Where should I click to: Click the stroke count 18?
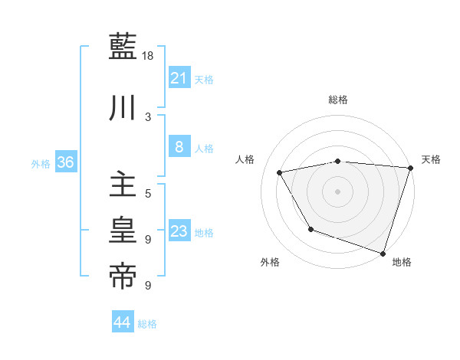point(149,56)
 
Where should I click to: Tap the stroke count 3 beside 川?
point(148,116)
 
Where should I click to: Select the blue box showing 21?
point(179,77)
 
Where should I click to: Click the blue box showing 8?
point(179,147)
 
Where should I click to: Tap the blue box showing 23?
point(179,231)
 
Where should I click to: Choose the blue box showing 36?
point(65,162)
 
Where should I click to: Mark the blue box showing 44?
point(122,322)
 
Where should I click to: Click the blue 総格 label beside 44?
point(147,324)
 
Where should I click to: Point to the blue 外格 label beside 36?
point(41,163)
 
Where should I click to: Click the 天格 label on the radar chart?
point(431,159)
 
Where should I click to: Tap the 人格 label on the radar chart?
point(245,159)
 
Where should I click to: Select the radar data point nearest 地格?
point(383,252)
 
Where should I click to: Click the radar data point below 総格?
point(338,161)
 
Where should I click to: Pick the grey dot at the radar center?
point(337,191)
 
